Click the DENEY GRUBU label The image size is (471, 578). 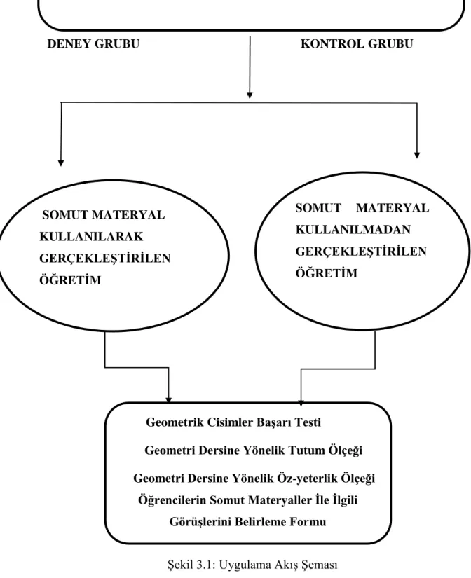coord(93,44)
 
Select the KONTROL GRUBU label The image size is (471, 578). coord(357,44)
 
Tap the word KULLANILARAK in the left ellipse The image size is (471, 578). coord(91,236)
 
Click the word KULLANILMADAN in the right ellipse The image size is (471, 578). coord(353,230)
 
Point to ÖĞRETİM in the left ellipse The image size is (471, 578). coord(70,280)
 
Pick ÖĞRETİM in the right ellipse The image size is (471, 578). coord(327,273)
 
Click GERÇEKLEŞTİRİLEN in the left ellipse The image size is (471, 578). coord(104,258)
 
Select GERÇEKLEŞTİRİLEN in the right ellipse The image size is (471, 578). coord(361,252)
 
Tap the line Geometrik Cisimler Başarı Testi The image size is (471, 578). coord(233,422)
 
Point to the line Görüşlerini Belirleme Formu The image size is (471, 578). coord(248,522)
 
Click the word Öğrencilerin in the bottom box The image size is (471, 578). coord(172,500)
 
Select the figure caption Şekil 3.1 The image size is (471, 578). coord(252,565)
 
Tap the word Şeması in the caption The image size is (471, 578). coord(320,565)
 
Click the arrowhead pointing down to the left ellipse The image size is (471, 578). coord(61,163)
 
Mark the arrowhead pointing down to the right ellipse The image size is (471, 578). coord(417,156)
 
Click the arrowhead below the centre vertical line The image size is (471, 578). coord(250,95)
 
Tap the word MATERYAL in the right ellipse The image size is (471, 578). coord(392,208)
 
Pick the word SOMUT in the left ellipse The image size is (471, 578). coord(65,215)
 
